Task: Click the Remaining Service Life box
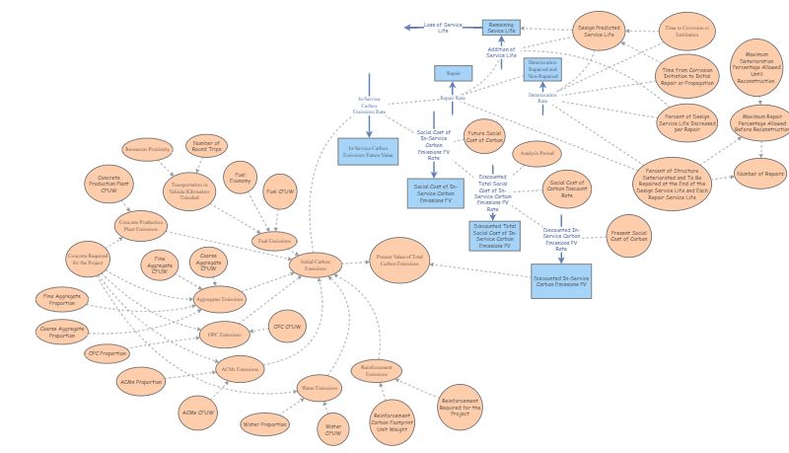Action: click(x=500, y=28)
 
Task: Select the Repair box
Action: click(x=454, y=73)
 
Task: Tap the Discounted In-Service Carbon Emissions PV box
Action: click(x=561, y=279)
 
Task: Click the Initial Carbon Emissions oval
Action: click(x=316, y=264)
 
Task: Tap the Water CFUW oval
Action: click(x=333, y=427)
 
